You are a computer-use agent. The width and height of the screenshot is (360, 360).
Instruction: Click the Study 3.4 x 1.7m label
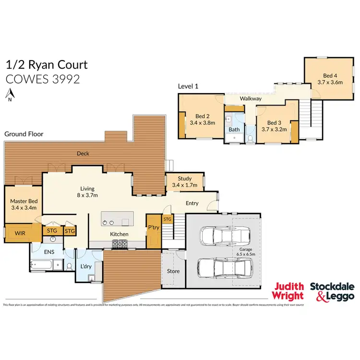185,181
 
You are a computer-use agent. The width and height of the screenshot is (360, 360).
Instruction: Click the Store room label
173,271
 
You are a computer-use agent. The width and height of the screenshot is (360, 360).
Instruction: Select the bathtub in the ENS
44,264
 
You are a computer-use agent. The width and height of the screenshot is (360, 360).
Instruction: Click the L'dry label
86,266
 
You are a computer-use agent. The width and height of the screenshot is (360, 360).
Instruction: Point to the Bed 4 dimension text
330,82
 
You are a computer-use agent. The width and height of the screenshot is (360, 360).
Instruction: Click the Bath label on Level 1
234,130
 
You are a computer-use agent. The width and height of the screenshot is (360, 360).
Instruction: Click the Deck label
84,154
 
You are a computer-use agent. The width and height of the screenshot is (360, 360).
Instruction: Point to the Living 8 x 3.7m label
87,192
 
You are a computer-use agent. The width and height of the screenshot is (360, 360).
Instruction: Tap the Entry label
192,203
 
